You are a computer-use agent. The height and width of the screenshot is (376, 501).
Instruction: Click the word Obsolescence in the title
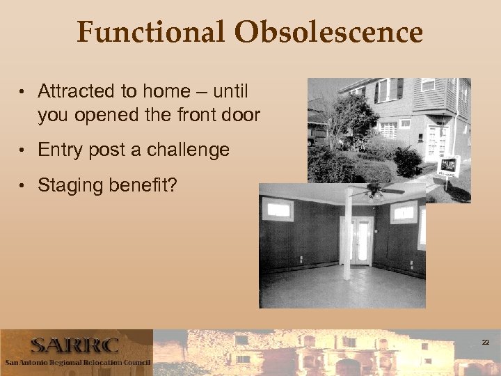(328, 33)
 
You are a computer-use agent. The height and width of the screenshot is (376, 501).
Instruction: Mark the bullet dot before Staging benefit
(24, 186)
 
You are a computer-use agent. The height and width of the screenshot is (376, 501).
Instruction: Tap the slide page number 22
(485, 342)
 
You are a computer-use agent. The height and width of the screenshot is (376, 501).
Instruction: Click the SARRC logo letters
(74, 345)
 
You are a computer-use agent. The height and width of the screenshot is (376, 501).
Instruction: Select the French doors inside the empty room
(360, 240)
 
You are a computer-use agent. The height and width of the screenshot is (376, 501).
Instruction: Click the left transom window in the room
(280, 209)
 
